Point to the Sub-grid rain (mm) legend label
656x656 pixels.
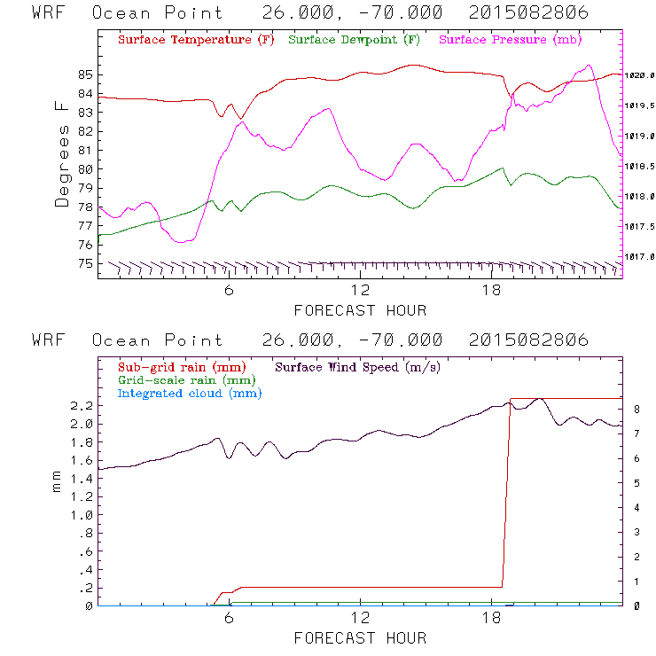point(181,365)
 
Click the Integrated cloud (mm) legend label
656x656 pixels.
point(189,392)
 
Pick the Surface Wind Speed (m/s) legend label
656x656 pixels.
point(357,365)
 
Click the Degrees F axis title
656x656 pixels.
point(62,153)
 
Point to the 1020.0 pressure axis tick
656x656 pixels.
point(640,76)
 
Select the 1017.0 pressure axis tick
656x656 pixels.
point(640,257)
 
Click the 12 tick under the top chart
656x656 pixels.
point(360,290)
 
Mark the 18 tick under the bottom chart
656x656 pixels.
point(491,618)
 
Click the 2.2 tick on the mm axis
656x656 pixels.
point(81,406)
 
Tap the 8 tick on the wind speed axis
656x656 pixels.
point(636,410)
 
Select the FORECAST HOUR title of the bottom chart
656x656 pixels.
point(360,638)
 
